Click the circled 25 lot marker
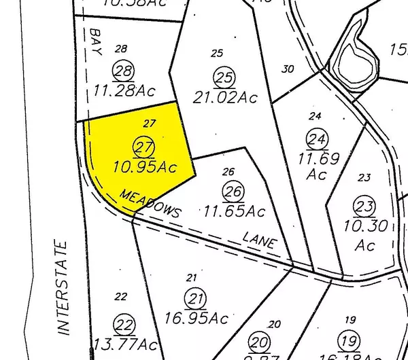[x=222, y=76]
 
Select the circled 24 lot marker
[x=316, y=140]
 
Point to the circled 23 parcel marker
[x=364, y=206]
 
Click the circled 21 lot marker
[x=197, y=299]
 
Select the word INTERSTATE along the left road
[x=63, y=286]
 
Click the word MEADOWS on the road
[x=151, y=202]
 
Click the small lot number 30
[x=288, y=68]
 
